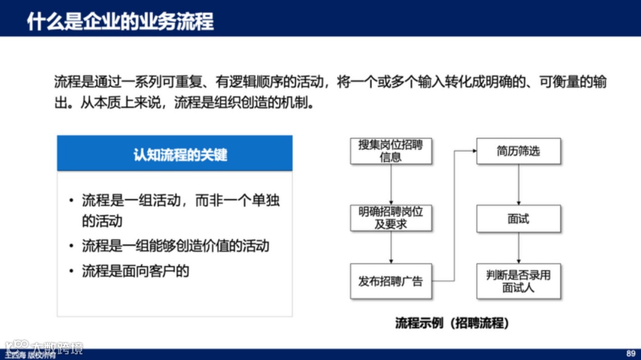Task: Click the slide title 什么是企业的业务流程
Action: [120, 21]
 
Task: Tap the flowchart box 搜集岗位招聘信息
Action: [391, 151]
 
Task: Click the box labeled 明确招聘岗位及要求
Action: [391, 218]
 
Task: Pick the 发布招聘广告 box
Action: [391, 281]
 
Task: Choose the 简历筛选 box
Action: [518, 151]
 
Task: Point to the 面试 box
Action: [518, 219]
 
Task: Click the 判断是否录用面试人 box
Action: [518, 281]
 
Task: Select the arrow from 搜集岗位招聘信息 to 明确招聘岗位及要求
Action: [391, 184]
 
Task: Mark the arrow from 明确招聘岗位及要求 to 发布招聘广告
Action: [391, 248]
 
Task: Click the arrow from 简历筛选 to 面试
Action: [519, 184]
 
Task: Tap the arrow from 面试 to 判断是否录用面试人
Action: [519, 248]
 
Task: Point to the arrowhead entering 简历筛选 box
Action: [474, 151]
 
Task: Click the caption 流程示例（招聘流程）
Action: [452, 323]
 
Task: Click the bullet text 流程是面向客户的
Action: [135, 271]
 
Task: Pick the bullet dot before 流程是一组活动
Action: [71, 200]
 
